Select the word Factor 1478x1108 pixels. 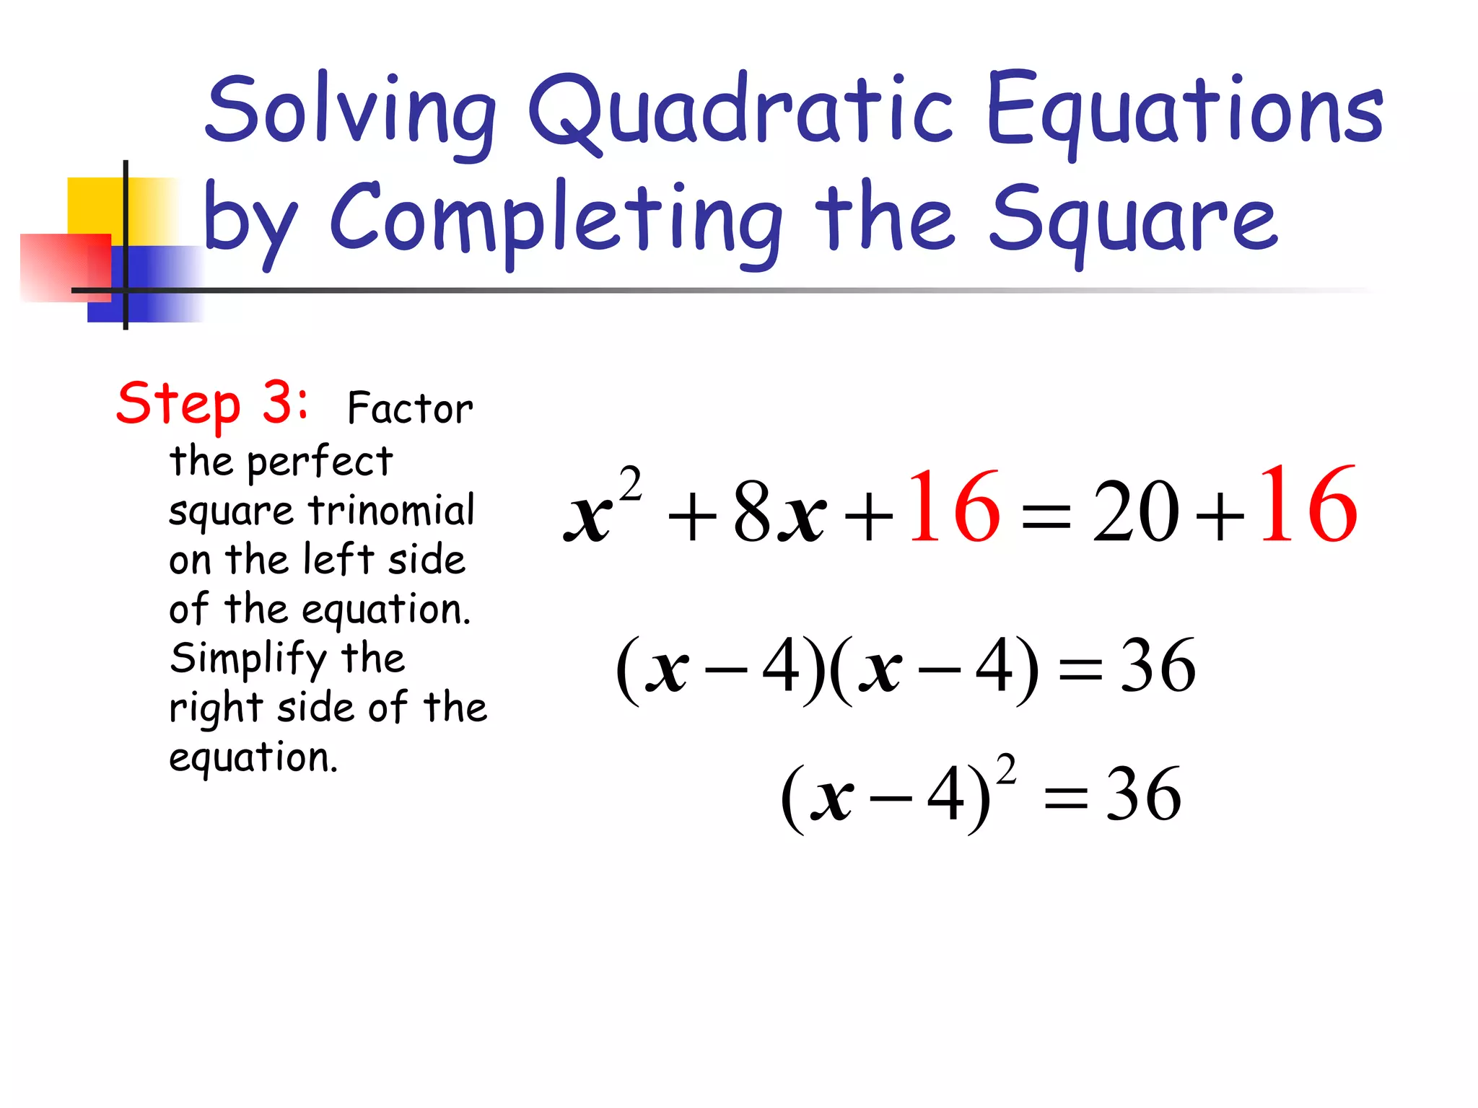[410, 408]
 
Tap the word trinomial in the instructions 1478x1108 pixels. [392, 511]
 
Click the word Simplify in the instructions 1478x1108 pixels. [248, 659]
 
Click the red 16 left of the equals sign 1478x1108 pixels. [954, 507]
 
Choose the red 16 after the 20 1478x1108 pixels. [1308, 505]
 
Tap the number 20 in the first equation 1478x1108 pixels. [1135, 511]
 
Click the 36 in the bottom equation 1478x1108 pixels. [1143, 795]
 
